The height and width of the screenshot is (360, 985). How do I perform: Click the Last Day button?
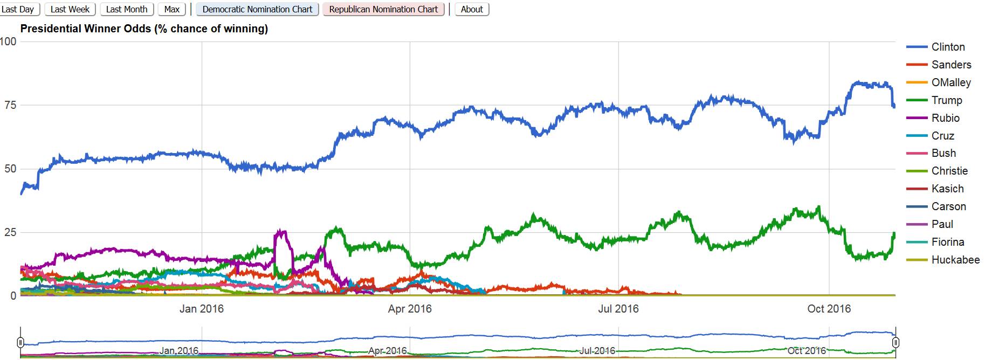pos(18,9)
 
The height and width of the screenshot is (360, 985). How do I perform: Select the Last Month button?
pos(127,9)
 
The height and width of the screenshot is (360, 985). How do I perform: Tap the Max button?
pos(172,9)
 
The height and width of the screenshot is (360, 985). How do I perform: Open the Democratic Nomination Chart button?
pos(257,9)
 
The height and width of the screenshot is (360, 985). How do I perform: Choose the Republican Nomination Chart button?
pos(383,9)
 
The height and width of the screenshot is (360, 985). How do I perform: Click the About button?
pos(472,9)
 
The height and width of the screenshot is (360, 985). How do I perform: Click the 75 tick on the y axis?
pos(10,105)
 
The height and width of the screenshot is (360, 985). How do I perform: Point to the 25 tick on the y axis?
pos(10,232)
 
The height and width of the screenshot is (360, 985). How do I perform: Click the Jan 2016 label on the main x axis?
pos(202,309)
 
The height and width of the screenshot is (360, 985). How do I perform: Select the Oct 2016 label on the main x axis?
pos(829,309)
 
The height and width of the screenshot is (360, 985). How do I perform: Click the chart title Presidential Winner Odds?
pos(144,29)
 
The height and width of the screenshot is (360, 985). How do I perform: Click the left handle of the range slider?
pos(20,342)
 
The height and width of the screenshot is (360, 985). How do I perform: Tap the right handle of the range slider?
pos(896,342)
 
